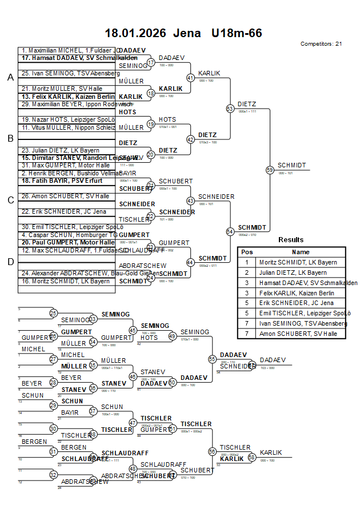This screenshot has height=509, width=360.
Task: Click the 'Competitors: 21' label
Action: pos(321,44)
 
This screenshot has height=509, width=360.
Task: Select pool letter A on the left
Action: pos(10,78)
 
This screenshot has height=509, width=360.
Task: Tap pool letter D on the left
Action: pos(10,262)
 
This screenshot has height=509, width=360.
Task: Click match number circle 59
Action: pos(270,170)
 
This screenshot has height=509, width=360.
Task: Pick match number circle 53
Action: pos(230,109)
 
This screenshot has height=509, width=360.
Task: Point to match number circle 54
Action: pos(230,231)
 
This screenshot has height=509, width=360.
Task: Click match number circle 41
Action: pos(191,78)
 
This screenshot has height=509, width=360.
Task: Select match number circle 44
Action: pos(191,262)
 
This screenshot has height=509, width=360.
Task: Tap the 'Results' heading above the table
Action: pos(291,240)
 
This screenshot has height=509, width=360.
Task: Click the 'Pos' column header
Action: pos(247,252)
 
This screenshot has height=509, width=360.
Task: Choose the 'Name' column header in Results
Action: pos(301,252)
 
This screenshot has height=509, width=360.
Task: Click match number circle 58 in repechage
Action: pos(251,458)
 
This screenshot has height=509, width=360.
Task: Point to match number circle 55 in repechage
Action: pos(213,359)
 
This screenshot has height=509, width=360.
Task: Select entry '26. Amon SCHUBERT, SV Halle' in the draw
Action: pos(58,196)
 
